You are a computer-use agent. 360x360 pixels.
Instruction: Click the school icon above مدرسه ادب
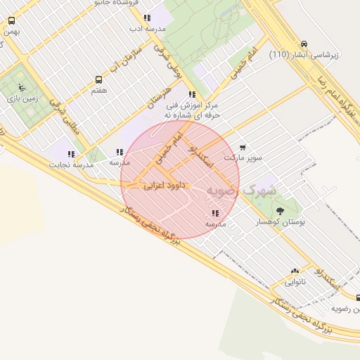click(146, 18)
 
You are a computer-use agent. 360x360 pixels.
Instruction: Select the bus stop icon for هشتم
click(99, 79)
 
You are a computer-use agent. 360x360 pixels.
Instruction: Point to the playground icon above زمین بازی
click(22, 89)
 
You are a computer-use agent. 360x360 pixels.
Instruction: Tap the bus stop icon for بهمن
click(11, 21)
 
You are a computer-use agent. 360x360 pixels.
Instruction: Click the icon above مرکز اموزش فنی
click(192, 94)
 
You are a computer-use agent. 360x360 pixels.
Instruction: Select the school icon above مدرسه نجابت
click(71, 154)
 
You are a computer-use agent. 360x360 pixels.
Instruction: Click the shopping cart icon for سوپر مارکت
click(243, 148)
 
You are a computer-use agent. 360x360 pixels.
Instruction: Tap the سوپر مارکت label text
click(243, 157)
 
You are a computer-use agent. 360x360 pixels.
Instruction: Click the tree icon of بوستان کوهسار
click(280, 210)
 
